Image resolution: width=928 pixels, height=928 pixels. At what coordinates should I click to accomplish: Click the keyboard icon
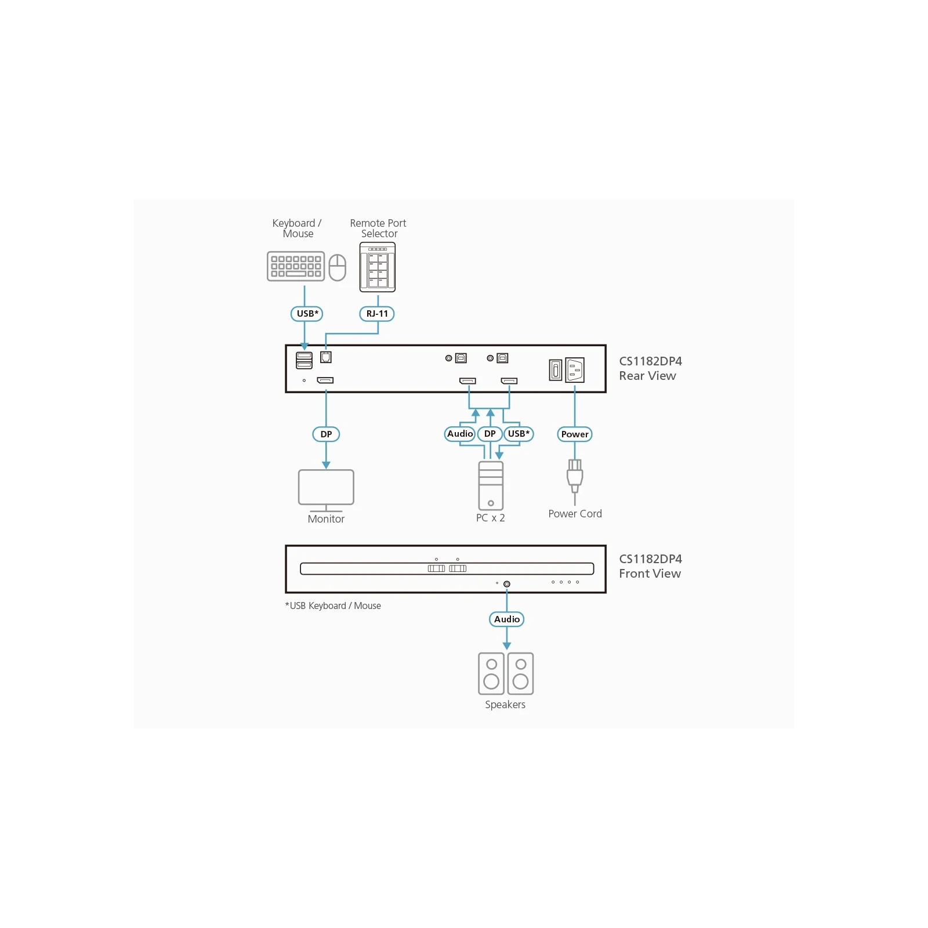[296, 266]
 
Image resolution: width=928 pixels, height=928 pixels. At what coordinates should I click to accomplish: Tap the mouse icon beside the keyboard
[338, 267]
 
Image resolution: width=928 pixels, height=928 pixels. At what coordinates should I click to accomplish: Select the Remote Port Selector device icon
[378, 267]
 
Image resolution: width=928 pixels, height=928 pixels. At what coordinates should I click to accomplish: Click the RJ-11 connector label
[377, 314]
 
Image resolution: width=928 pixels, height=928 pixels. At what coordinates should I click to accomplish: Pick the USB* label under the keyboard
[307, 314]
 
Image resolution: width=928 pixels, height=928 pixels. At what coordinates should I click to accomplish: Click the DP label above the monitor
[326, 434]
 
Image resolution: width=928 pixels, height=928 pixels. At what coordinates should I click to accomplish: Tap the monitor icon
[326, 491]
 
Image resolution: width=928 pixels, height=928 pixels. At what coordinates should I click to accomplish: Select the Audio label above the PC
[460, 434]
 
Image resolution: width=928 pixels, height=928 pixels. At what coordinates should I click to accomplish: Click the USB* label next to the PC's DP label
[519, 434]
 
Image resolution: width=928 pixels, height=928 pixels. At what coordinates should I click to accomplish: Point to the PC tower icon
[491, 485]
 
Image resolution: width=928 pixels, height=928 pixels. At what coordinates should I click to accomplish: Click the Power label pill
[575, 434]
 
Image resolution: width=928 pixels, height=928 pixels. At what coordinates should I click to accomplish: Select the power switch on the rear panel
[556, 370]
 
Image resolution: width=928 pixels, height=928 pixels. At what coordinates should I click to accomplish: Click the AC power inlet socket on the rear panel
[575, 370]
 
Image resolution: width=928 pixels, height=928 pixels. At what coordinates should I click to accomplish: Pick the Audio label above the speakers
[507, 619]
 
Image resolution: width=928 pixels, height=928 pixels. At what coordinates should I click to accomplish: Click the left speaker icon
[491, 673]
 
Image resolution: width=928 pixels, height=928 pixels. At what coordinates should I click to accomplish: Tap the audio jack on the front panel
[507, 584]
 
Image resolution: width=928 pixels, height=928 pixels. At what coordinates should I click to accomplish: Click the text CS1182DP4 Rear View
[650, 368]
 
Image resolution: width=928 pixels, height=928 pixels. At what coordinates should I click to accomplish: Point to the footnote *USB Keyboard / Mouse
[333, 606]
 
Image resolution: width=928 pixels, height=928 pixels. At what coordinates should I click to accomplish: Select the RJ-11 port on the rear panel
[326, 357]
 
